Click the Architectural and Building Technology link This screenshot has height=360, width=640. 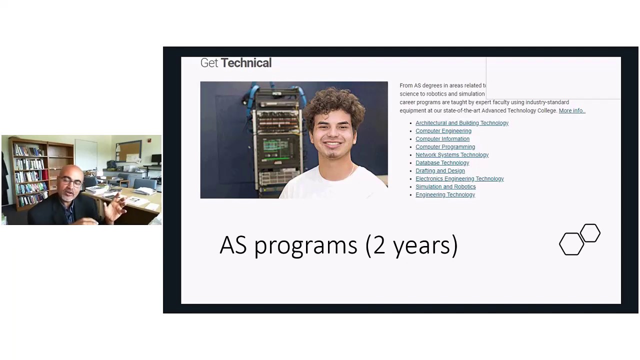[x=461, y=123]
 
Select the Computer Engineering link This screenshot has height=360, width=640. [x=443, y=131]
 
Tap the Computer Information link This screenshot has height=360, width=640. [x=442, y=139]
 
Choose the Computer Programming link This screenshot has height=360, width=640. [x=445, y=147]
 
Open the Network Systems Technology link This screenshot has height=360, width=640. [x=451, y=155]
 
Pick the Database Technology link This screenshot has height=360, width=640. [x=442, y=163]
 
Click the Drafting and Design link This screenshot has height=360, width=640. [x=440, y=171]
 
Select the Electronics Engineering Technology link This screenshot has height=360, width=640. [x=459, y=179]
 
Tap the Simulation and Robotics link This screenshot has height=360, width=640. [x=445, y=187]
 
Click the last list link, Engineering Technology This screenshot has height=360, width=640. [x=445, y=195]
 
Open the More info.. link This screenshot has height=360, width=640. [x=571, y=110]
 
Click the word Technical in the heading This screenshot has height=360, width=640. [x=246, y=63]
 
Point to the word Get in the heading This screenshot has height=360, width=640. [x=209, y=63]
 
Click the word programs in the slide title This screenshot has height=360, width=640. [x=305, y=245]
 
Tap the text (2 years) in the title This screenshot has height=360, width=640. [x=411, y=245]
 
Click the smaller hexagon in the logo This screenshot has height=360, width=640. [x=590, y=233]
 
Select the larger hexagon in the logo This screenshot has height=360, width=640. [x=571, y=244]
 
